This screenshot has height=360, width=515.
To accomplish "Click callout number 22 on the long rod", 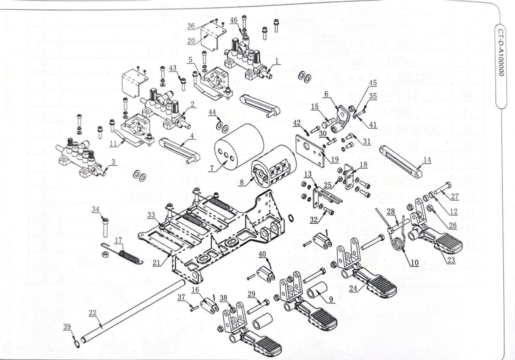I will [x=92, y=312].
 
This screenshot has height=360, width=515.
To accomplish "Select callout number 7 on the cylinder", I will [x=212, y=168].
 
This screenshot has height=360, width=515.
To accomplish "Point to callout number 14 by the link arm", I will [x=427, y=160].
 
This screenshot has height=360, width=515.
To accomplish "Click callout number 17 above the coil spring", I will [x=119, y=240].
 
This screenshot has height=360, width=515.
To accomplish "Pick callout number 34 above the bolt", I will [x=96, y=209].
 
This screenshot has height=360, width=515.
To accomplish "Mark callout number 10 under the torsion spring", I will [x=414, y=263].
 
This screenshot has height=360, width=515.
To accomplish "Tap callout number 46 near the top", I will [x=233, y=20].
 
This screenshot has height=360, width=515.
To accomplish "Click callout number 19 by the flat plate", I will [x=334, y=160].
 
